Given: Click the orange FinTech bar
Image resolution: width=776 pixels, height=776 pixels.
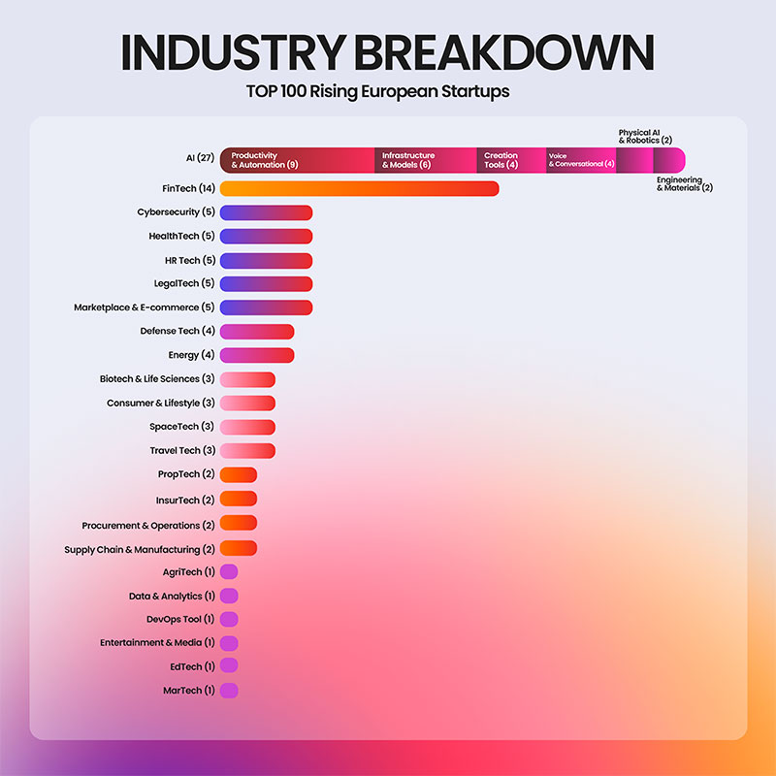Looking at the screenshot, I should (x=359, y=188).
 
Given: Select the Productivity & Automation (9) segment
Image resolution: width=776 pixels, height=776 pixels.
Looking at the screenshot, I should (x=297, y=160).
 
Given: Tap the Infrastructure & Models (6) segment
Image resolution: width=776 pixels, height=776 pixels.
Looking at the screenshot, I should (x=425, y=160).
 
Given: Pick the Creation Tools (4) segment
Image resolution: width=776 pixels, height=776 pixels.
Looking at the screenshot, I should (x=510, y=160).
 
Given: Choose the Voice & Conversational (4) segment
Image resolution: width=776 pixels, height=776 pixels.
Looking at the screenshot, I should (x=580, y=160).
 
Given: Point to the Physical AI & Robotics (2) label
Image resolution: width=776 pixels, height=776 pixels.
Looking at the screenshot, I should (x=645, y=136).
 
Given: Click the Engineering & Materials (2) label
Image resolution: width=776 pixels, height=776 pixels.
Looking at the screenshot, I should (x=684, y=183).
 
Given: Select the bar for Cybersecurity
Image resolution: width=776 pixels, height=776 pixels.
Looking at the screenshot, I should (x=266, y=212).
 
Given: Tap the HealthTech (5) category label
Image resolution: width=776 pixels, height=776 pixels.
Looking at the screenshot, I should (x=181, y=236).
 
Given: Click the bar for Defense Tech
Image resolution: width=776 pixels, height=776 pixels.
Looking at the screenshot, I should (x=257, y=332).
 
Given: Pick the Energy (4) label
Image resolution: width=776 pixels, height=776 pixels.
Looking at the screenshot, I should (x=191, y=355).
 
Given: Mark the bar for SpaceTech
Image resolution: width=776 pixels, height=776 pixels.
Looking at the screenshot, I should (x=247, y=427).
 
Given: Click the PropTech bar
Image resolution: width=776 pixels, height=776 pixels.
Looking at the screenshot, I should (x=239, y=474).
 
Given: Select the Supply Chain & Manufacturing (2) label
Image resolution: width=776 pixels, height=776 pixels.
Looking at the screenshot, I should (x=140, y=550).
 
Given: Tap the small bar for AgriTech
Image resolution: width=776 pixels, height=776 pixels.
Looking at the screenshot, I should (x=229, y=572).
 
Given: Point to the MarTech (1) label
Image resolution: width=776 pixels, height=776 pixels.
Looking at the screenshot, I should (x=188, y=691).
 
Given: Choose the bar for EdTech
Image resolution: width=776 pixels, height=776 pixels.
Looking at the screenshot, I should (x=229, y=666).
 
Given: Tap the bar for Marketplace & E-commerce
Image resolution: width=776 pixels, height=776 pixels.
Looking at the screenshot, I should (x=266, y=307).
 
